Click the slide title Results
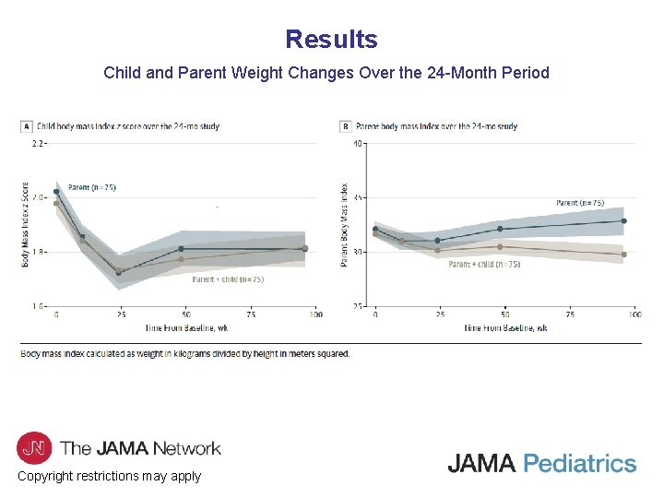(x=331, y=40)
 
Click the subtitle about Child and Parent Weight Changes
(x=326, y=72)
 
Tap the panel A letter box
(x=27, y=126)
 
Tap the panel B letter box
(x=346, y=126)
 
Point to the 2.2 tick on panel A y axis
(x=39, y=144)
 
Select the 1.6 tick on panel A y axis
(x=39, y=305)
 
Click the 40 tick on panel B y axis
(x=357, y=144)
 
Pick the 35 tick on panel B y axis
(x=357, y=198)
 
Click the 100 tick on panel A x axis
(x=315, y=315)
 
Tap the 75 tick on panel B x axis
(x=570, y=315)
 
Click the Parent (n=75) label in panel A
(x=92, y=187)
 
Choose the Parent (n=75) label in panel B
(x=580, y=203)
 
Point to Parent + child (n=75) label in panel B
(x=484, y=264)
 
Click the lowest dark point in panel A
(x=118, y=273)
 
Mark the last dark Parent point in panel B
(x=623, y=220)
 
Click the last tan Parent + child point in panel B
(x=623, y=255)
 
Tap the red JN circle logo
(x=33, y=447)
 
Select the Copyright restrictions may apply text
(x=109, y=476)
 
